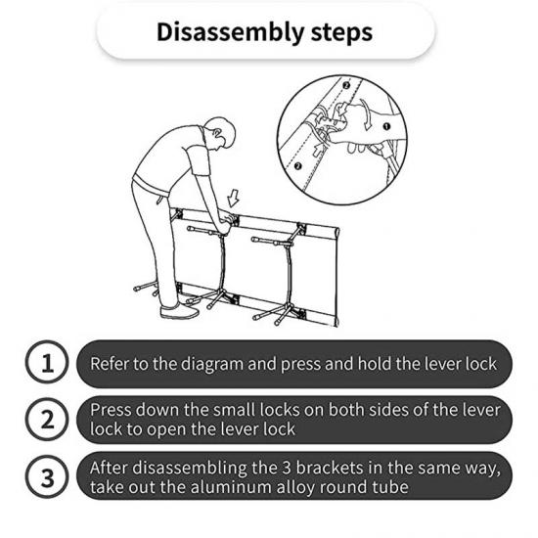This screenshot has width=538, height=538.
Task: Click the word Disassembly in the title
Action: tap(230, 32)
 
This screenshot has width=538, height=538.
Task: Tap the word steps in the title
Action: tap(341, 32)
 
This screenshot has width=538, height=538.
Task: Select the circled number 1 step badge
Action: tap(47, 362)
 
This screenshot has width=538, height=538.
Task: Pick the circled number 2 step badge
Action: tap(47, 420)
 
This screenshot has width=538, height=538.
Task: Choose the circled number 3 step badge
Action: tap(47, 476)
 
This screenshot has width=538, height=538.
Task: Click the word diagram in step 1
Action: tap(212, 365)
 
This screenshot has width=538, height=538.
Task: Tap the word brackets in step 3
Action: tap(330, 468)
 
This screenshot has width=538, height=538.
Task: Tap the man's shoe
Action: tap(179, 311)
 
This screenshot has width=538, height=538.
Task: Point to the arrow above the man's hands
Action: tap(234, 198)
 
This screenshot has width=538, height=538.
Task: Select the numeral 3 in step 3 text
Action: tap(287, 468)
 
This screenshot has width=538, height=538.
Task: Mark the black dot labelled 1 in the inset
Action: tap(386, 126)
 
